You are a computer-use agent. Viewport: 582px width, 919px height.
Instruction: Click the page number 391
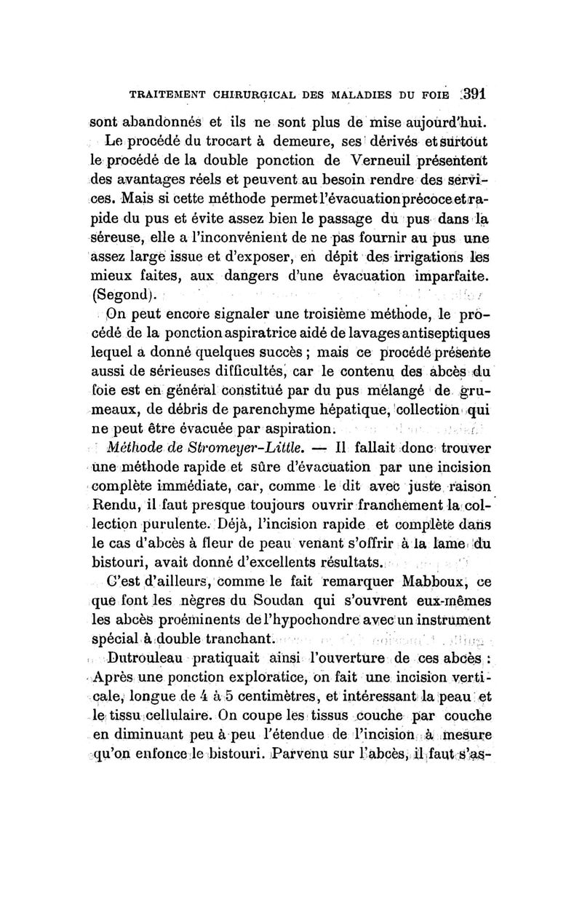tap(471, 94)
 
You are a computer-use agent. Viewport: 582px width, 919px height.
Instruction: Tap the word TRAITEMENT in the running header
tap(166, 95)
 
